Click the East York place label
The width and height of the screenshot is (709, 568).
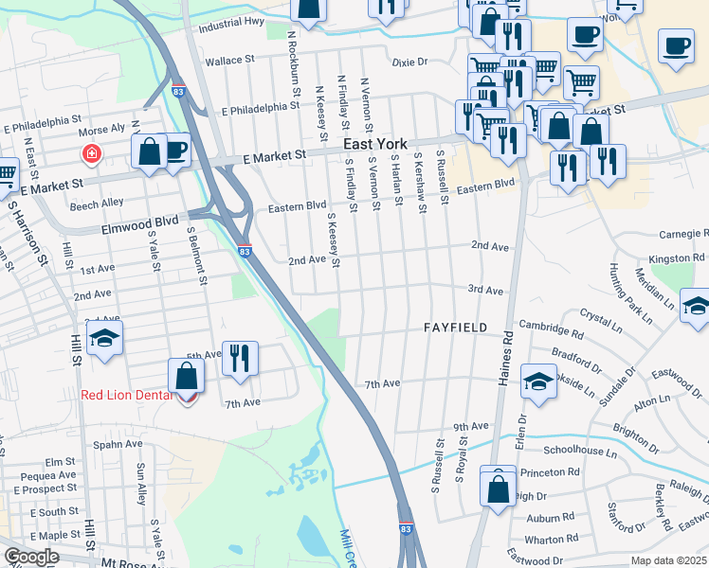pyautogui.click(x=374, y=144)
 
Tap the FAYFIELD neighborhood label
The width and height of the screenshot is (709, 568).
pyautogui.click(x=455, y=328)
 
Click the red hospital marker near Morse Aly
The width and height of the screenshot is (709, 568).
pyautogui.click(x=92, y=152)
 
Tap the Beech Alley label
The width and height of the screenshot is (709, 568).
pyautogui.click(x=97, y=203)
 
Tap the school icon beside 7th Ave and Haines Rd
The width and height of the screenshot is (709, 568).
pyautogui.click(x=538, y=382)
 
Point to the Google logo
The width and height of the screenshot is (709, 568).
pyautogui.click(x=31, y=557)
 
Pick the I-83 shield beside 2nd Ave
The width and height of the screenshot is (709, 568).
pyautogui.click(x=245, y=252)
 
